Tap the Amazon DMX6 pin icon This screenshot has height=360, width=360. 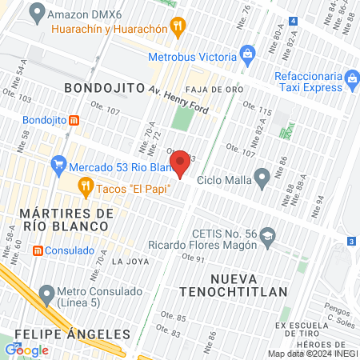point(36,13)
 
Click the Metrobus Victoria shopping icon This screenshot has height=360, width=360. point(248,56)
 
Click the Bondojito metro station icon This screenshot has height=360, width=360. point(74,120)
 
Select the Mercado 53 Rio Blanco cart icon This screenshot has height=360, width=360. point(58,167)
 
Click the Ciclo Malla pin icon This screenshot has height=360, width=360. point(261,178)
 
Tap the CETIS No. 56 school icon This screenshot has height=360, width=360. point(267,234)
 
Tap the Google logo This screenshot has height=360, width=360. point(27,350)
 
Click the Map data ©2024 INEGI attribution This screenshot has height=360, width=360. point(313,354)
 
